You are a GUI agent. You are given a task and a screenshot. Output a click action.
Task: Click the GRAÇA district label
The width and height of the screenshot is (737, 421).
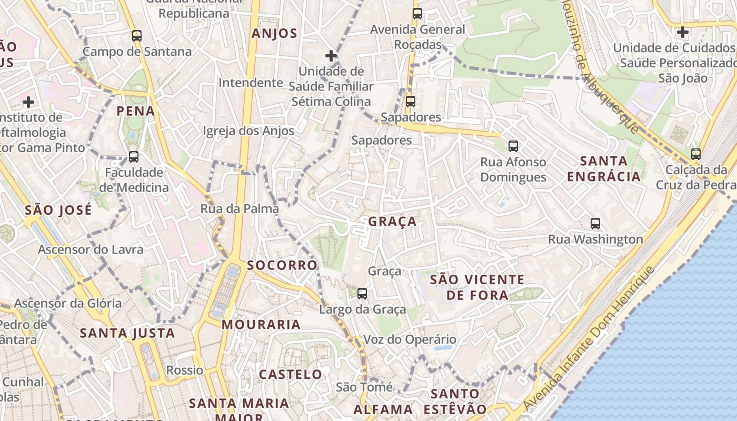click(x=392, y=222)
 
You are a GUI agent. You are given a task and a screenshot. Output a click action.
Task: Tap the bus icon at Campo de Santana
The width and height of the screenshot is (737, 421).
click(x=137, y=36)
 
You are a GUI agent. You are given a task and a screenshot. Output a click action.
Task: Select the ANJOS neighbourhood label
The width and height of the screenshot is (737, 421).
click(x=274, y=34)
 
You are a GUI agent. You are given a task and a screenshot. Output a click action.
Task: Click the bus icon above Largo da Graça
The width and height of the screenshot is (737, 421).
click(x=362, y=293)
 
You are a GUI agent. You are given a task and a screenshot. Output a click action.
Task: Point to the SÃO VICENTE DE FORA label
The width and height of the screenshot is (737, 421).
click(x=477, y=287)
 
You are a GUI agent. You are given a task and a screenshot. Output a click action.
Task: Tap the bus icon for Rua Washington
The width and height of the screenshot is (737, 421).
click(x=595, y=224)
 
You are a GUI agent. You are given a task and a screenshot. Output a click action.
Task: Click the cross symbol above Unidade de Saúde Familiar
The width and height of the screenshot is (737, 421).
click(x=331, y=55)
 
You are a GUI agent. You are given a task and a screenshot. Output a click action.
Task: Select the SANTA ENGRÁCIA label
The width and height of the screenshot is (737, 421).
click(x=604, y=168)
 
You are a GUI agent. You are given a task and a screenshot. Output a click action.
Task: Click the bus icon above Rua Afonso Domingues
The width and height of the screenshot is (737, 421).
click(x=513, y=146)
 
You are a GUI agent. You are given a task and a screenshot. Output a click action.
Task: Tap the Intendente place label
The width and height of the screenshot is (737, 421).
click(x=251, y=83)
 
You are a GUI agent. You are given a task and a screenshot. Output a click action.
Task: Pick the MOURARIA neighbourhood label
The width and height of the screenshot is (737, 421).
click(x=261, y=325)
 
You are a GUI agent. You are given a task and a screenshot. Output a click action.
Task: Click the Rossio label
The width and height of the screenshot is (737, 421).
click(x=185, y=370)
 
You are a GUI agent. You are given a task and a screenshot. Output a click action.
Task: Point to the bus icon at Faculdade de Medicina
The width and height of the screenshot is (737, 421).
click(x=134, y=157)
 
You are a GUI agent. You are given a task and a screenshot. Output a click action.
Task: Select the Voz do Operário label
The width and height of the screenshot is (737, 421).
click(x=410, y=339)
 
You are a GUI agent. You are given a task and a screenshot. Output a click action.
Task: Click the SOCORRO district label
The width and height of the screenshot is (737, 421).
click(x=282, y=265)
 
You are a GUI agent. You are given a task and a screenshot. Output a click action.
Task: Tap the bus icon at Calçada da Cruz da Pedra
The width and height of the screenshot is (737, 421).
click(x=696, y=154)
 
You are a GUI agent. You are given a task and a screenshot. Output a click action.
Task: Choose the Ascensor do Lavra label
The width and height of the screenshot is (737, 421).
click(x=91, y=249)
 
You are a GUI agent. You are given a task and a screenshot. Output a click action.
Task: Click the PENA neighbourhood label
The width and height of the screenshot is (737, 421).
click(x=136, y=111)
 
